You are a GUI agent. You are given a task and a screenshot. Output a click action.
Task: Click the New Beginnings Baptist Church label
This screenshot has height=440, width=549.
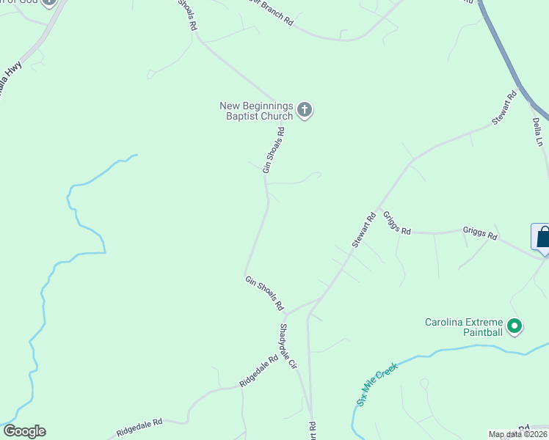point(256,111)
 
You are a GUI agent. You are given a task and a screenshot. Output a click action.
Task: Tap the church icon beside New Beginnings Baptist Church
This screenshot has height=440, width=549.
point(305,111)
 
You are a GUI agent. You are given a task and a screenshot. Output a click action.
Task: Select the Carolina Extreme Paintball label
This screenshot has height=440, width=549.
point(465,327)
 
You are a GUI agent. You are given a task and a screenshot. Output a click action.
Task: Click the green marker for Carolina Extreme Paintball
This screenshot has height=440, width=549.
point(515,326)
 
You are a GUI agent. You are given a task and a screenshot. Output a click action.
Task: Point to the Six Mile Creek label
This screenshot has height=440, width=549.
point(377,384)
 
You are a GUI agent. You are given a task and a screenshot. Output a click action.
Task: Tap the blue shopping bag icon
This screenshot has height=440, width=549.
point(542,238)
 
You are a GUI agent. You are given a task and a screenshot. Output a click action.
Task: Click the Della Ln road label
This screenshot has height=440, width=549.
point(538,131)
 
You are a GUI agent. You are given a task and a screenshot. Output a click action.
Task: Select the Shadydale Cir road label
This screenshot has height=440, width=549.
point(288,345)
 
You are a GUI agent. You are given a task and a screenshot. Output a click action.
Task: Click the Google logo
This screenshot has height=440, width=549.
point(24,431)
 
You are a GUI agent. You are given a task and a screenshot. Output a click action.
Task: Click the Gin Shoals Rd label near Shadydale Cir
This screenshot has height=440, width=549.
point(264,293)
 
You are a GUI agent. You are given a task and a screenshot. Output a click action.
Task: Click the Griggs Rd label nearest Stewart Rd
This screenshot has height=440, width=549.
point(396,228)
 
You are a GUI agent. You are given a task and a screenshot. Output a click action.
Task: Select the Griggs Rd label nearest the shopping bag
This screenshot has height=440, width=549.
point(480,234)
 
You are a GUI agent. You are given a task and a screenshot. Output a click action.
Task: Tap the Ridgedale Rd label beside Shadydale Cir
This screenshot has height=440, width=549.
point(258,371)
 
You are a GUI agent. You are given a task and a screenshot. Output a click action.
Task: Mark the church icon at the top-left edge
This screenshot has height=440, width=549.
point(49,2)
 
